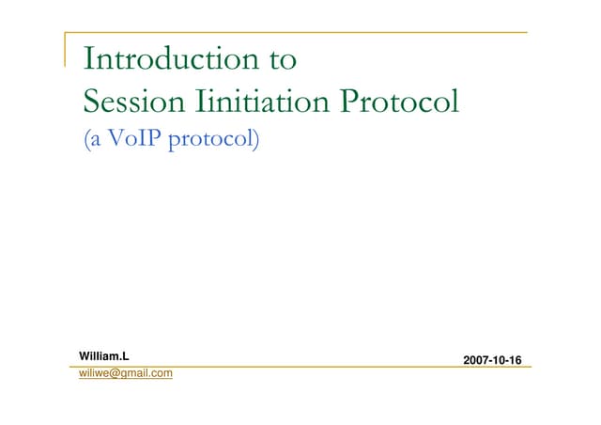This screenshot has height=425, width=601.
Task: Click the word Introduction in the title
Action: [166, 60]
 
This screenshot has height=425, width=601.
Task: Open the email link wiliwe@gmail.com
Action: [125, 374]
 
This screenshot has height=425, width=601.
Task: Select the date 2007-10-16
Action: [492, 360]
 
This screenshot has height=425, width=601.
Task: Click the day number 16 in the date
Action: [514, 360]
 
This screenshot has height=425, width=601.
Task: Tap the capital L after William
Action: [124, 356]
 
